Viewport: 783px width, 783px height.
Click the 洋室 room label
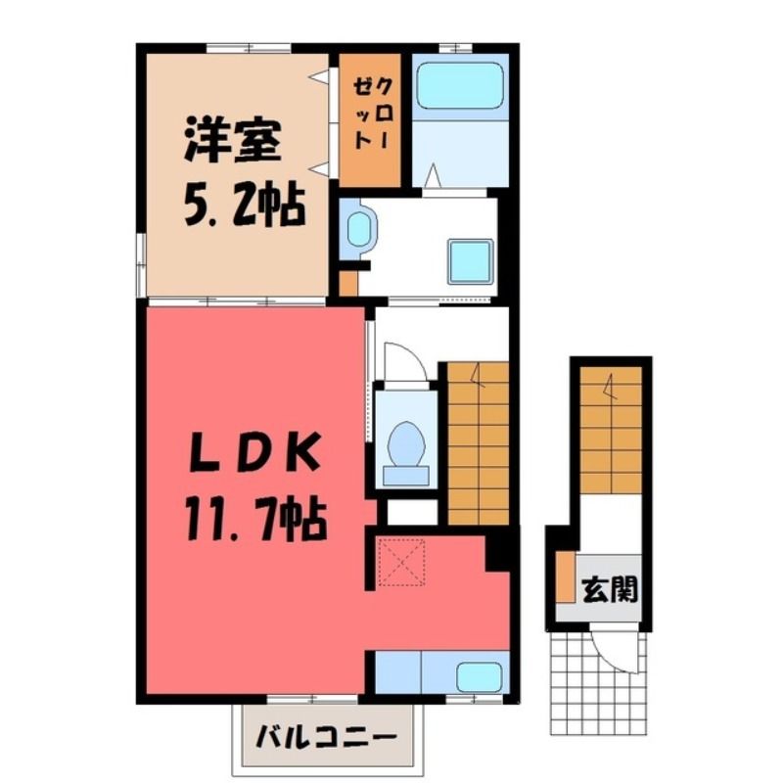(x=232, y=142)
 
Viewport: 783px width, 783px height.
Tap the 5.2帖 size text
(x=245, y=206)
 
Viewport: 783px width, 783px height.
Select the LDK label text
(x=255, y=452)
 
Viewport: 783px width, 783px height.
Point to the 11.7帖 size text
(x=256, y=521)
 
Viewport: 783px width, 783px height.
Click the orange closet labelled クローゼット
(x=370, y=120)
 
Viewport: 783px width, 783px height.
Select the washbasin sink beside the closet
(x=359, y=229)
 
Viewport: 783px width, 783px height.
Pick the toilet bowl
(x=406, y=444)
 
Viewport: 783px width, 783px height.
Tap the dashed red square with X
(x=401, y=562)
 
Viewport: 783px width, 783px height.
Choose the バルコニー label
(x=326, y=737)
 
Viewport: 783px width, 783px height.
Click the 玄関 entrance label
(x=610, y=590)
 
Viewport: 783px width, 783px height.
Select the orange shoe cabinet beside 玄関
(x=566, y=577)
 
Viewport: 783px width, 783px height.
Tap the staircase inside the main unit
(x=478, y=443)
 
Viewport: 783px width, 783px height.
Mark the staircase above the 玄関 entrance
(x=611, y=430)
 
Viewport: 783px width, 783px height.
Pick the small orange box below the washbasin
(x=348, y=284)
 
